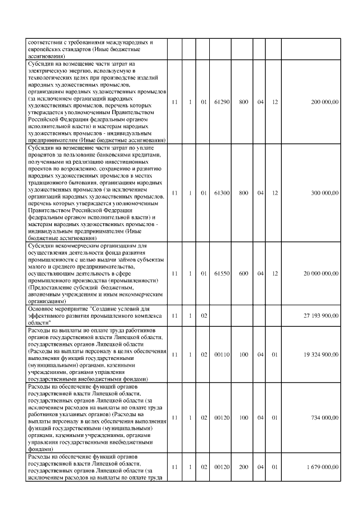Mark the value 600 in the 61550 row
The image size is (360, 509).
tap(244, 273)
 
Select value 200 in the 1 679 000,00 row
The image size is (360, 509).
tap(244, 467)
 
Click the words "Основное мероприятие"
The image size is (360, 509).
tap(54, 309)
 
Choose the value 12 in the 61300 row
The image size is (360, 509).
tap(275, 193)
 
